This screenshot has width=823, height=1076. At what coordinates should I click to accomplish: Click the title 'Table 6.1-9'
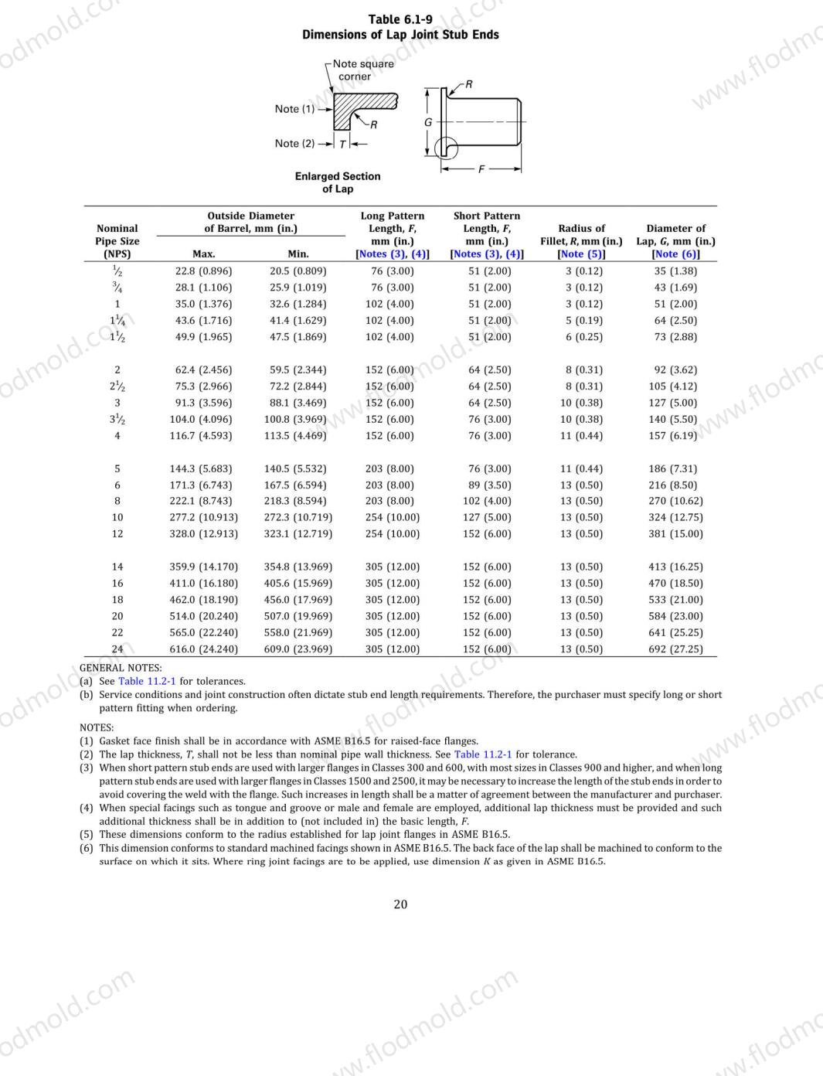point(400,19)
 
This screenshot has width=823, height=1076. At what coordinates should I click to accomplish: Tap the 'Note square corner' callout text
point(362,70)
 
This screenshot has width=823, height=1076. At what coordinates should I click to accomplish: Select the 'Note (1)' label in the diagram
point(294,109)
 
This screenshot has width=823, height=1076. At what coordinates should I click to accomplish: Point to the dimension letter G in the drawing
point(427,122)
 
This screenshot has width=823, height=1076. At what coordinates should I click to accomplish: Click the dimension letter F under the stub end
point(481,169)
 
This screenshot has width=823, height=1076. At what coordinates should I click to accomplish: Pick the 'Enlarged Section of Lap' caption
point(338,182)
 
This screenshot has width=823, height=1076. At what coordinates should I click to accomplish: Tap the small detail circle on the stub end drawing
point(446,147)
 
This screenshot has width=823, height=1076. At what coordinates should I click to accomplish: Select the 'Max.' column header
point(203,254)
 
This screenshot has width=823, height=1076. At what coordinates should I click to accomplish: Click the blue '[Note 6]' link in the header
point(675,254)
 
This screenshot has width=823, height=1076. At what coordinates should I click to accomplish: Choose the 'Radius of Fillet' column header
point(581,234)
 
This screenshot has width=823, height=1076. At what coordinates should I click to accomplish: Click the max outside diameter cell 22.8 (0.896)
point(203,271)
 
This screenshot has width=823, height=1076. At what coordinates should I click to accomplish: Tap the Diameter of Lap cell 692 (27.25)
point(675,649)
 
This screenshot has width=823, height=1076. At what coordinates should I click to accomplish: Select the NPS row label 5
point(117,468)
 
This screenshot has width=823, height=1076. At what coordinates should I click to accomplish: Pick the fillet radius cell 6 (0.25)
point(581,337)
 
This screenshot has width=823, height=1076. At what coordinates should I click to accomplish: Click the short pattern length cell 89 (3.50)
point(487,485)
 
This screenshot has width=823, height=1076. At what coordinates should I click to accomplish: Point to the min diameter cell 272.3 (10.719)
point(298,518)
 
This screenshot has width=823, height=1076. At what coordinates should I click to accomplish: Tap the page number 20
point(400,904)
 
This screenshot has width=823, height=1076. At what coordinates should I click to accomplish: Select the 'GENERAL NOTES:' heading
point(121,668)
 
